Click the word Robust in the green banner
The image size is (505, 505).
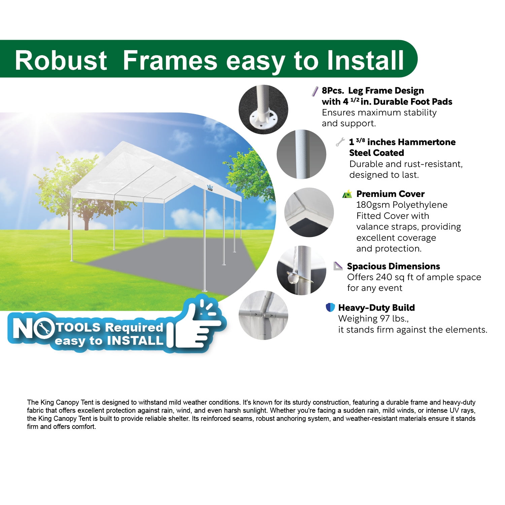[x=61, y=61]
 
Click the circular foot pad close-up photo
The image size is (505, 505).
[x=263, y=109]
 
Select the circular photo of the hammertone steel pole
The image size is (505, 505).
[x=301, y=154]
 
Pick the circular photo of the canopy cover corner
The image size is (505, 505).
[x=309, y=212]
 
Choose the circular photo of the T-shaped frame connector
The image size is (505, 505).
[x=263, y=315]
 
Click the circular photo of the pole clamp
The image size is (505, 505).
[x=301, y=270]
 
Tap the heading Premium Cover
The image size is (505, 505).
[x=390, y=194]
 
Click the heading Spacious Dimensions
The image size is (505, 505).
[x=393, y=266]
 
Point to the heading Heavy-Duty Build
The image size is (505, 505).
[x=376, y=308]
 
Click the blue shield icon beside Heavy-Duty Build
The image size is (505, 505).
[x=330, y=307]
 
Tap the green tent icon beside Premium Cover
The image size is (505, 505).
[x=347, y=194]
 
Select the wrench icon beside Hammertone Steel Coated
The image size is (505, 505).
[x=340, y=142]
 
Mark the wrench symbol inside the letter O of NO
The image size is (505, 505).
[x=44, y=328]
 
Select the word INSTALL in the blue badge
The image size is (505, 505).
[x=135, y=341]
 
